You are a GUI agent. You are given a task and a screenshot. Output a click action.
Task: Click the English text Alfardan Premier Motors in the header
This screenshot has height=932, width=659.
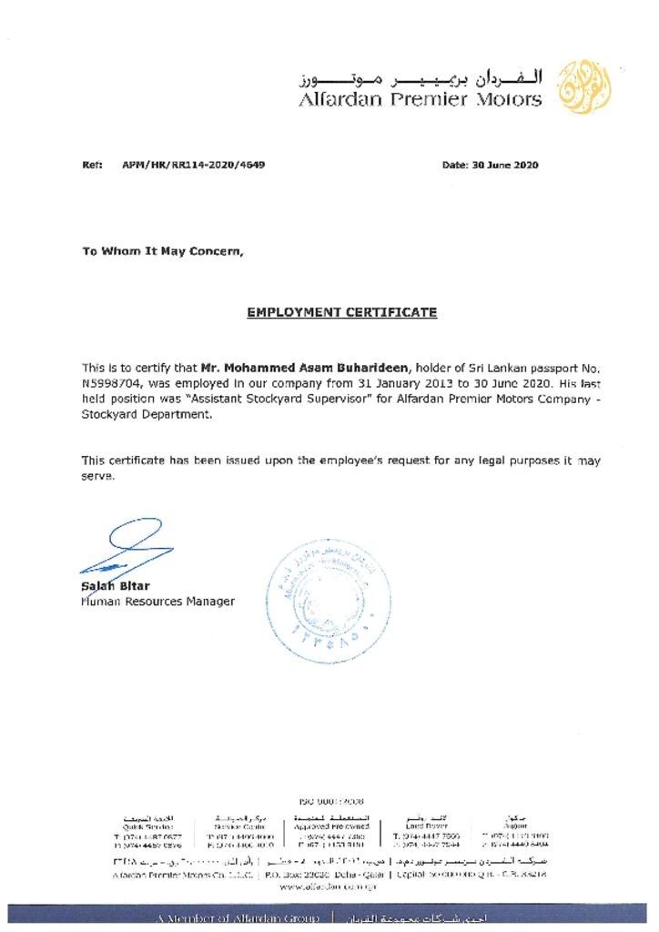tap(421, 99)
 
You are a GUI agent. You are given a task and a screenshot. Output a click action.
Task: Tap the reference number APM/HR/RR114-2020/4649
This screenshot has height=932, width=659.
tap(194, 165)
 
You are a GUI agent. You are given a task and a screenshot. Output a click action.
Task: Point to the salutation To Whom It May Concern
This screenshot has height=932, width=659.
tap(163, 251)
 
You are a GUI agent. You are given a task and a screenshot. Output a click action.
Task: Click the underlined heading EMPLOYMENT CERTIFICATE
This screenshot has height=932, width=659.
tap(342, 312)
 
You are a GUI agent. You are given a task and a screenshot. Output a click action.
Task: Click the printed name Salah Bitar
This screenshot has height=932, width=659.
tap(116, 586)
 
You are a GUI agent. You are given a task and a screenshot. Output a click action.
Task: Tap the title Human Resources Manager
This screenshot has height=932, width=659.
tap(157, 602)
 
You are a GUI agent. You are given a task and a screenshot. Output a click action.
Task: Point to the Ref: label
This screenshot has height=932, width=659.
tap(91, 165)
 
